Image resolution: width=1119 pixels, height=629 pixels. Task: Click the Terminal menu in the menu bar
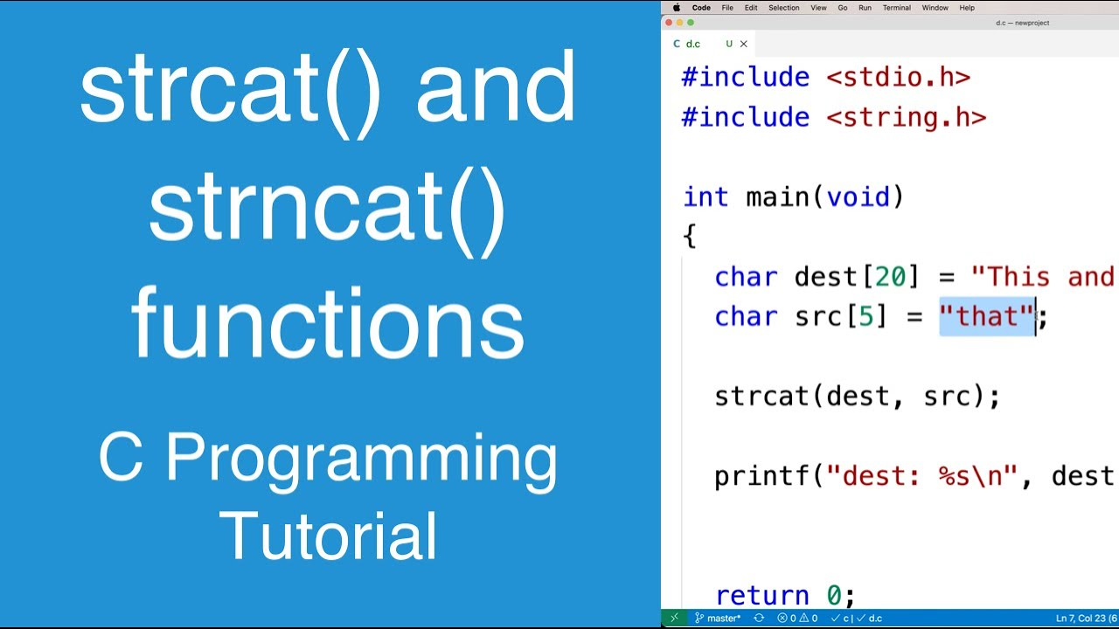tap(896, 8)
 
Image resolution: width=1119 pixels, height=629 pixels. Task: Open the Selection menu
tap(783, 8)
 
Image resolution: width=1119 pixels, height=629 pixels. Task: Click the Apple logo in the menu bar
tap(676, 8)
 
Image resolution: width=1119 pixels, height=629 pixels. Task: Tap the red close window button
tap(670, 23)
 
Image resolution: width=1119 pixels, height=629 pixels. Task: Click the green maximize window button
tap(691, 23)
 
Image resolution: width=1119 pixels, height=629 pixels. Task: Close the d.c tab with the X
tap(744, 44)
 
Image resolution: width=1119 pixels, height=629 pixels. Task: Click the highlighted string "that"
tap(987, 316)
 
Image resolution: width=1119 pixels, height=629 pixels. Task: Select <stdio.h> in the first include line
tap(898, 77)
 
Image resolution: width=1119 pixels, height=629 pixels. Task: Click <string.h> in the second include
tap(906, 117)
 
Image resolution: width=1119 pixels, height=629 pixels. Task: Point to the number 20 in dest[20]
tap(891, 277)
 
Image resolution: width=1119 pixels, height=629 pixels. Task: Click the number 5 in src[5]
tap(865, 316)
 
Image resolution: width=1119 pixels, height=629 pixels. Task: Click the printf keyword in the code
tap(761, 476)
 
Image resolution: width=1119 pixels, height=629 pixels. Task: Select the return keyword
tap(761, 596)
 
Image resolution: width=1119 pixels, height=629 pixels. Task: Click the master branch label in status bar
tap(723, 619)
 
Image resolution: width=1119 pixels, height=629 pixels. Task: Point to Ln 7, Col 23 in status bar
tap(1082, 619)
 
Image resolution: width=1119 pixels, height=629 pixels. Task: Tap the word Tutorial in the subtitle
tap(328, 536)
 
